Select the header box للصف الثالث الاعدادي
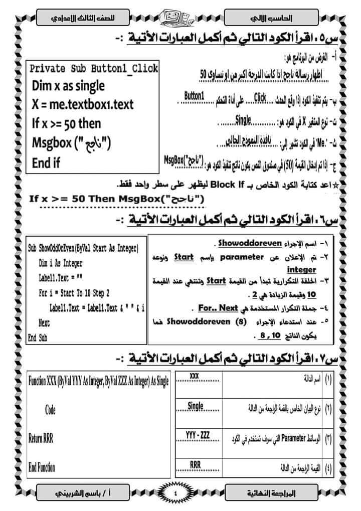click(x=83, y=19)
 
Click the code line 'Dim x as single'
click(x=68, y=86)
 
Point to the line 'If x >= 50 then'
click(x=66, y=123)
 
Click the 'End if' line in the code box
click(x=46, y=162)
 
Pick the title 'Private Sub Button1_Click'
click(x=94, y=68)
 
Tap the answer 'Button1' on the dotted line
click(x=195, y=95)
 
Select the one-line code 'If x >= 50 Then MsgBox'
click(x=117, y=198)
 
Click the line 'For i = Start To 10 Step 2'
click(x=74, y=293)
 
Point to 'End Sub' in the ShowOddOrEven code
click(x=38, y=337)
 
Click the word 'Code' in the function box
click(x=50, y=410)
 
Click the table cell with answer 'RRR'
click(x=196, y=465)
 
